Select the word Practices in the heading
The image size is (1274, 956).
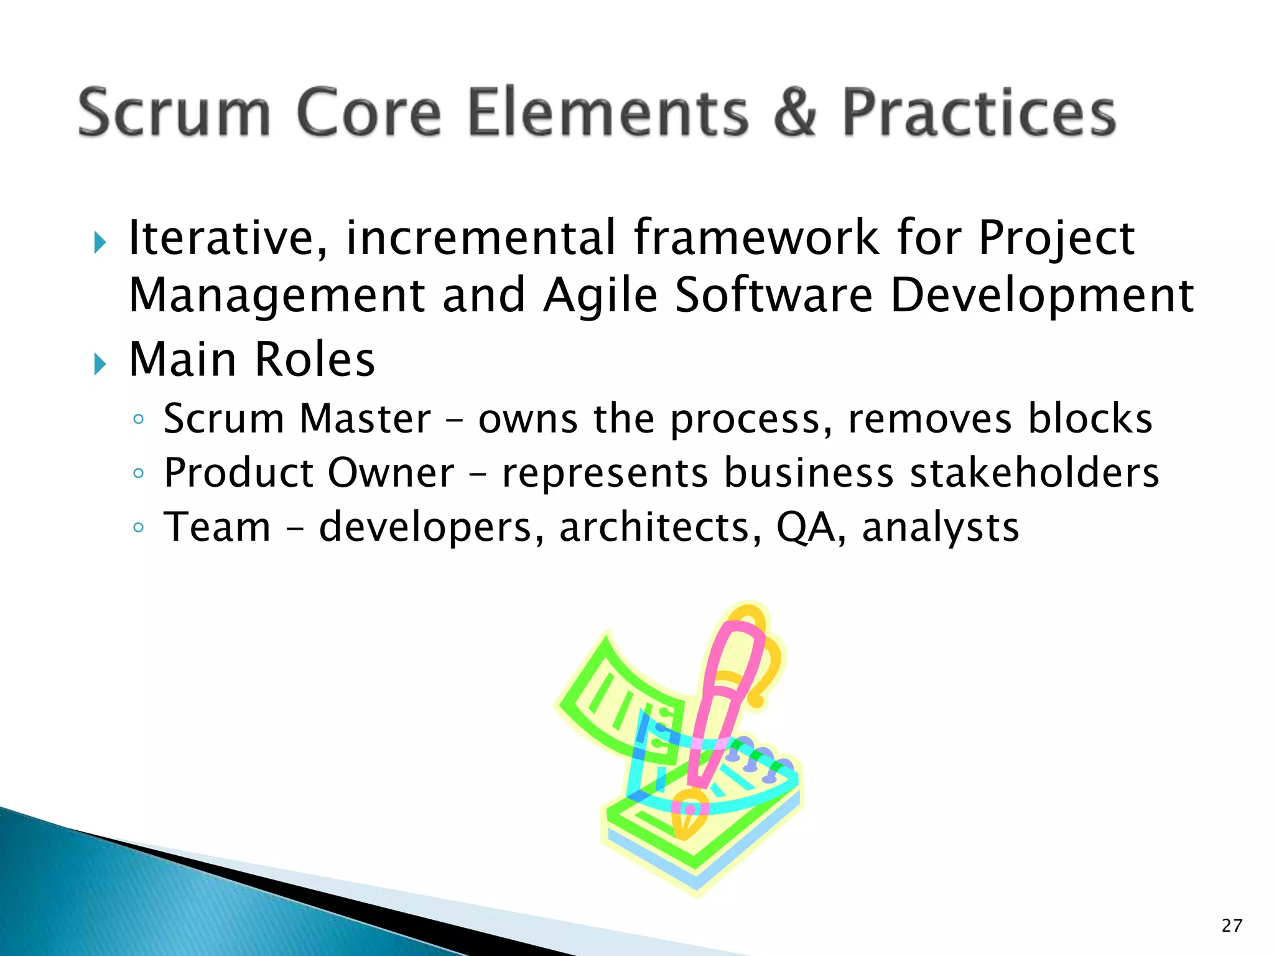(979, 113)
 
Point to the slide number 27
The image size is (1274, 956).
(1232, 926)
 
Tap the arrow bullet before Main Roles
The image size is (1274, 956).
(100, 363)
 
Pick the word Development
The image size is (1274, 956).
(1042, 295)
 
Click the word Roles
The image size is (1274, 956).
(315, 360)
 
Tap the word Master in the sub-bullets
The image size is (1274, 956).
(365, 418)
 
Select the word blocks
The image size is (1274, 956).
(1090, 418)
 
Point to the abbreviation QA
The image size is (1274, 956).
(807, 528)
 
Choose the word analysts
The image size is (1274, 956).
(941, 528)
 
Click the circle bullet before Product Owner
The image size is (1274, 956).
(138, 474)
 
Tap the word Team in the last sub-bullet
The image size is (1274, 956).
(217, 527)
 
